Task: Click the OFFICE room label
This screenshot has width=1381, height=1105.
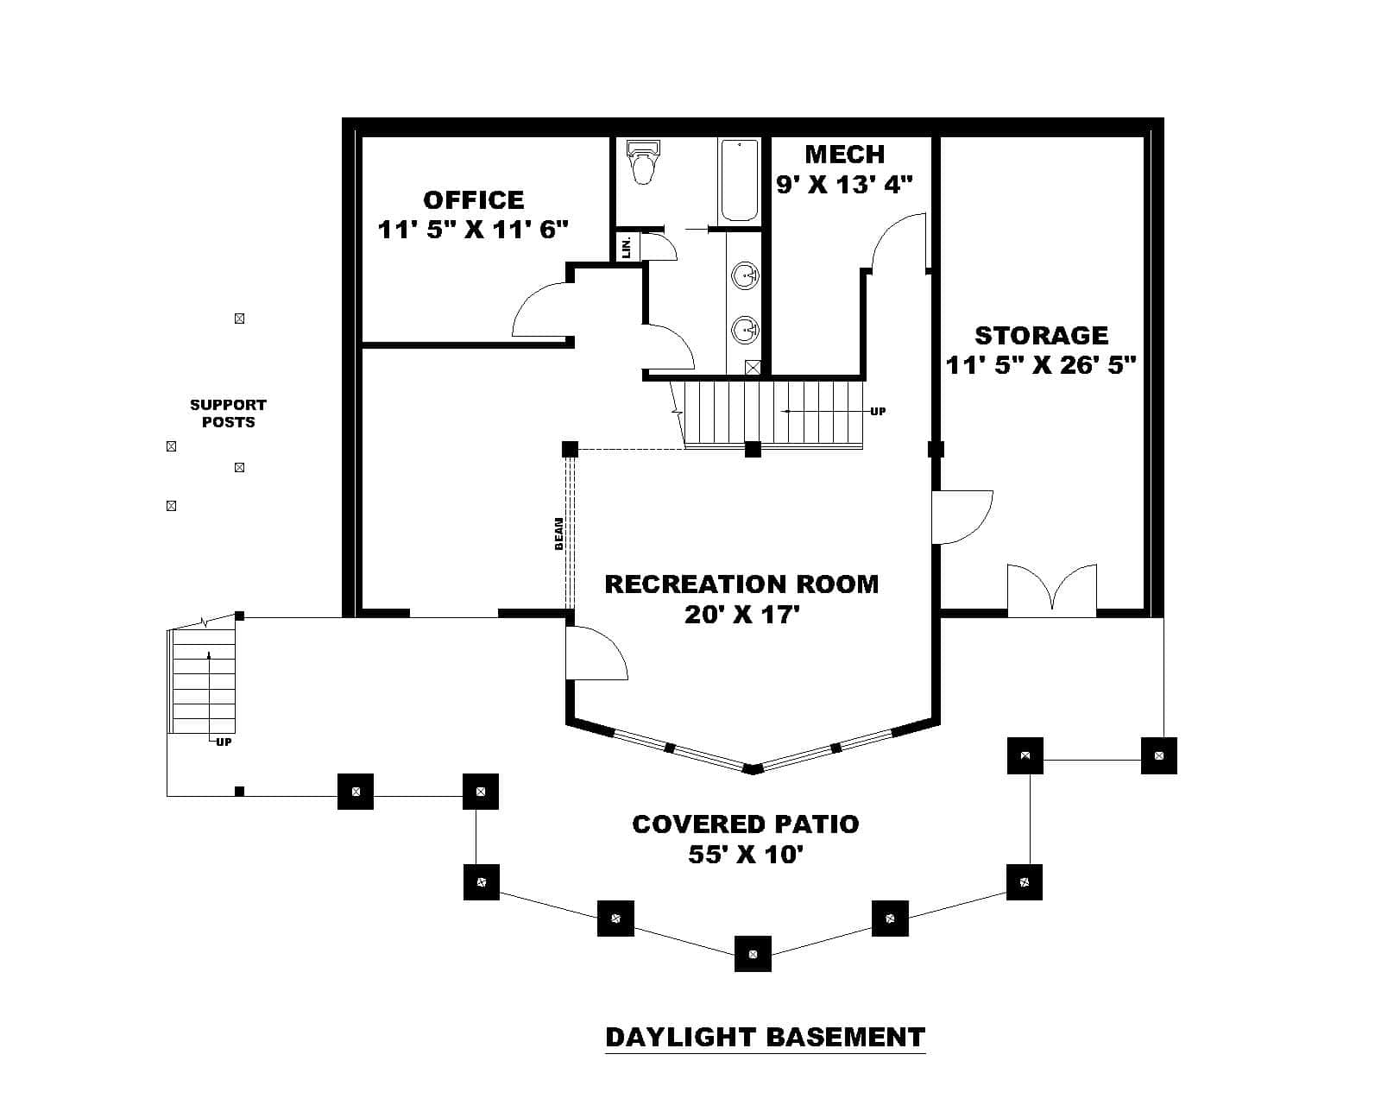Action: [x=473, y=200]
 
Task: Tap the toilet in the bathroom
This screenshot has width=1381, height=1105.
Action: [x=643, y=164]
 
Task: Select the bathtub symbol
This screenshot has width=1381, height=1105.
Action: [x=739, y=180]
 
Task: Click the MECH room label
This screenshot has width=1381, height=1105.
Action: [x=844, y=155]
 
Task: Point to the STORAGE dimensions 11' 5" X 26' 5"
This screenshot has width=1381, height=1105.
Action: [x=1040, y=365]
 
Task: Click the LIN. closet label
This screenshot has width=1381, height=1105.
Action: [x=627, y=246]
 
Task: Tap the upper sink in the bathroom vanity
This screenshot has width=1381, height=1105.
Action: [x=745, y=276]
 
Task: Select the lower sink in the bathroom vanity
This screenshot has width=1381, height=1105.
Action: [x=745, y=329]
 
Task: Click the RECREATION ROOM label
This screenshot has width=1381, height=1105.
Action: [x=741, y=584]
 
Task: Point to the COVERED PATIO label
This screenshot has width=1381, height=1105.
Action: [x=746, y=824]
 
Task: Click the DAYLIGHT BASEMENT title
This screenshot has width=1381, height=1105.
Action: [x=765, y=1037]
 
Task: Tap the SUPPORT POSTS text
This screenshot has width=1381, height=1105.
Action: [x=228, y=414]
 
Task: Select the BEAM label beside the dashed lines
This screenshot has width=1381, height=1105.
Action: [x=558, y=534]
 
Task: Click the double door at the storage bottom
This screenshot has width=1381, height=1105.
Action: [x=1052, y=590]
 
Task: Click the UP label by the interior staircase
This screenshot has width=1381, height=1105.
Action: [x=878, y=412]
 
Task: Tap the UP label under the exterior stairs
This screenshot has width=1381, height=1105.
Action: [x=224, y=742]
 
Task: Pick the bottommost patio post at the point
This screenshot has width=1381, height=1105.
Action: [x=753, y=954]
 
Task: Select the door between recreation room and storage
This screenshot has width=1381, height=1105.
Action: [x=961, y=517]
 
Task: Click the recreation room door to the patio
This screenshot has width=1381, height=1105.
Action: [x=594, y=654]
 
